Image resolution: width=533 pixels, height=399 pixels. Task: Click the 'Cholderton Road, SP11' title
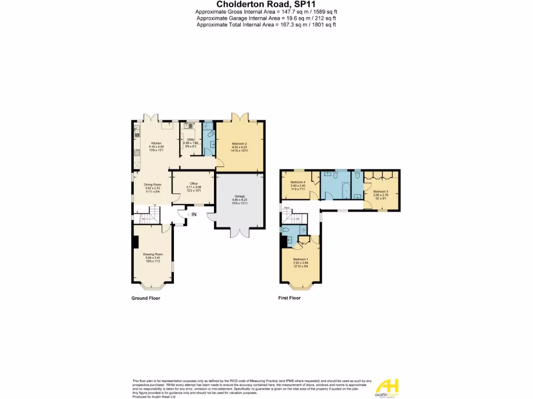[266, 4]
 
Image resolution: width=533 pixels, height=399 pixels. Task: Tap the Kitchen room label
[156, 143]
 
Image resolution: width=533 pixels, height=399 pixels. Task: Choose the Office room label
[193, 183]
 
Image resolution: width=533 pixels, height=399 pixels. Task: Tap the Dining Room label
[153, 184]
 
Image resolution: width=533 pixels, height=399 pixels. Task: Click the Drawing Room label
[153, 254]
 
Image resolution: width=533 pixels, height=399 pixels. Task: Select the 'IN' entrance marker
[194, 214]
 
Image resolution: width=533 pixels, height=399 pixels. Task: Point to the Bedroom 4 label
[298, 182]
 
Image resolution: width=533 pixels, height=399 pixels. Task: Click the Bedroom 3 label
[380, 192]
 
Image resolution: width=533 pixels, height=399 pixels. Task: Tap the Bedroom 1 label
[300, 259]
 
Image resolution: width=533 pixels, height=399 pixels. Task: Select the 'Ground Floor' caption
[146, 298]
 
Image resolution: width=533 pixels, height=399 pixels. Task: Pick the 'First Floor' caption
[290, 298]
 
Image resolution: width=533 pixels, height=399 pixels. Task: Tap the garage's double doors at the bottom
[239, 232]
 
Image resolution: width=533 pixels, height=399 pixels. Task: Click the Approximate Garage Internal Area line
[266, 18]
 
